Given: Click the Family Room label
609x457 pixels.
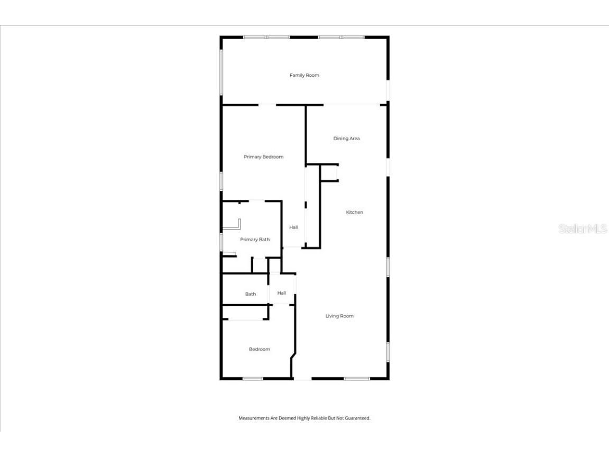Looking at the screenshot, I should (304, 76).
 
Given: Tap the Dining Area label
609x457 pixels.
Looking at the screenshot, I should (346, 139).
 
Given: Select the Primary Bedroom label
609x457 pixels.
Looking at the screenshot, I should (263, 157).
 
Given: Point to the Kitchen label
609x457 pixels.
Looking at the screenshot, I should (354, 213).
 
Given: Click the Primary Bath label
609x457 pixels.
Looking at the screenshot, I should (255, 240).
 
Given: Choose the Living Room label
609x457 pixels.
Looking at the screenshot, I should (339, 316).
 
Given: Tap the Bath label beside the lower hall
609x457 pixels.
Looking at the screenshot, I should (250, 295).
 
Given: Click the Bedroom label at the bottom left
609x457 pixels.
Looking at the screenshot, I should (260, 350).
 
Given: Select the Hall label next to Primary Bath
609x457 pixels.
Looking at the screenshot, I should (293, 227).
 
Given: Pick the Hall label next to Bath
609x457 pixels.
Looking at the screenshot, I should (282, 293).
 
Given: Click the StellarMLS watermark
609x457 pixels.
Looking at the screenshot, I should (582, 229).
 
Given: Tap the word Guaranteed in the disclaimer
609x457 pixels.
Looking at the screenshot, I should (358, 418).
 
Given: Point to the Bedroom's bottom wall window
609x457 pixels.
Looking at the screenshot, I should (253, 379).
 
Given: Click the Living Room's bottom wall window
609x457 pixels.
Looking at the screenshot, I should (357, 379).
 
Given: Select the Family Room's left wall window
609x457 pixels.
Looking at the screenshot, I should (221, 72).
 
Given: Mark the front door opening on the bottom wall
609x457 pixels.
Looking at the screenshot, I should (302, 379).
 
